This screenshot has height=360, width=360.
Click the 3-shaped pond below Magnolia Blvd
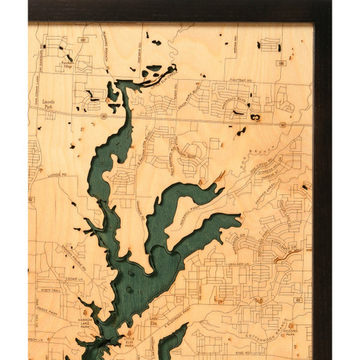254,117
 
